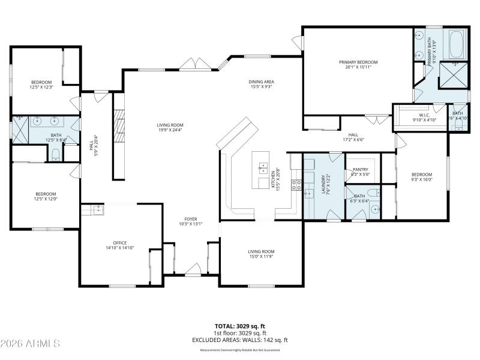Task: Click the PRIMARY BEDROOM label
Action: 358,62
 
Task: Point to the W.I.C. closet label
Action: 424,115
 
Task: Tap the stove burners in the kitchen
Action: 296,184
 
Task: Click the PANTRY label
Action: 360,170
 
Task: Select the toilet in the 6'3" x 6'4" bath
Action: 372,193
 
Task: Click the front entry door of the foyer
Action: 192,271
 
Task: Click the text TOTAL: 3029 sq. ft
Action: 240,326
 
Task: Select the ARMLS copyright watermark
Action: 30,344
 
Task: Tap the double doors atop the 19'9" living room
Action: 195,65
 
